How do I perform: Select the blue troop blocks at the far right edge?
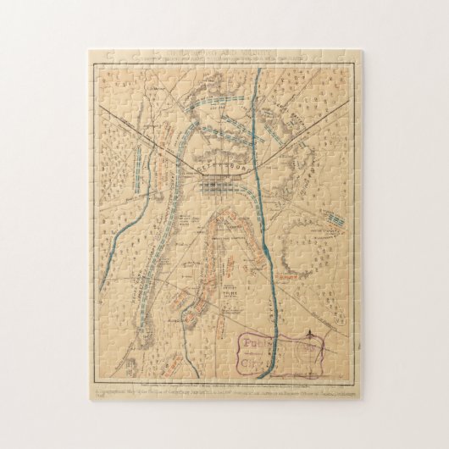tap(335, 219)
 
